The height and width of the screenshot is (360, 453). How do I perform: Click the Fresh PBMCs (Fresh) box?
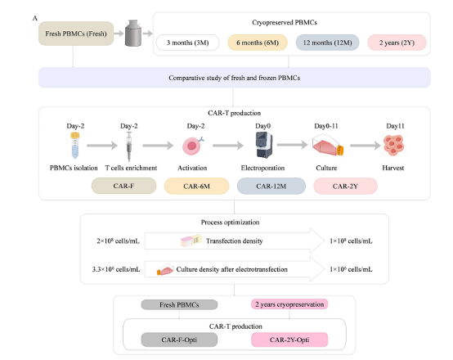(76, 34)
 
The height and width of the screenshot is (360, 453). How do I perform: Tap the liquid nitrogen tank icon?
(133, 33)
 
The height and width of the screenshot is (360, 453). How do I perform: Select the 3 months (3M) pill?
(187, 43)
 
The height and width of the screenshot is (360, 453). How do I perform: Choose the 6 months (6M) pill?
(258, 43)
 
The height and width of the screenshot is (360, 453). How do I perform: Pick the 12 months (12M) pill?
(327, 43)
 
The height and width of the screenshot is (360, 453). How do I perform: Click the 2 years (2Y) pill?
(397, 43)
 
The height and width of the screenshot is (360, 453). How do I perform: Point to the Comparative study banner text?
(235, 78)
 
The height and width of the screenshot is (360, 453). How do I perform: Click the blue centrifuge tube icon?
(75, 146)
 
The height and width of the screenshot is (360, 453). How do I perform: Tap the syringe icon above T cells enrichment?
(129, 146)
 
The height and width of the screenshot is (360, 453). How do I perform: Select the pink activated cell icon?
(192, 146)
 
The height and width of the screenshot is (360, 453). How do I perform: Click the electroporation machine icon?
(264, 145)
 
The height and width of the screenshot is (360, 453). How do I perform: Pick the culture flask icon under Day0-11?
(328, 145)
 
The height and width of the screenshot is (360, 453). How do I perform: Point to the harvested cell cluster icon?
(393, 145)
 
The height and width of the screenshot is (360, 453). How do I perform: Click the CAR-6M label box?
(197, 186)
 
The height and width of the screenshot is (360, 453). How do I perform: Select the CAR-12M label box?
(271, 186)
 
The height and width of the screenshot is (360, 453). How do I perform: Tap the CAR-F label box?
(124, 186)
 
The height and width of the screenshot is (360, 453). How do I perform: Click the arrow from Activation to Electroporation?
(228, 146)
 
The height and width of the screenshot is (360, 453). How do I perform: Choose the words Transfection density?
(235, 241)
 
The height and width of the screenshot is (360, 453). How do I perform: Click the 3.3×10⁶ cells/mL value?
(116, 269)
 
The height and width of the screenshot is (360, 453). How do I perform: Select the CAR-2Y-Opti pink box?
(289, 340)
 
